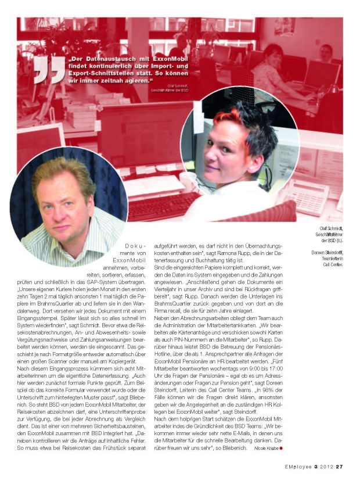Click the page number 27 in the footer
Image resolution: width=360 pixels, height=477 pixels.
340,464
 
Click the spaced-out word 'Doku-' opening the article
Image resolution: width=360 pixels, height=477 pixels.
135,247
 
